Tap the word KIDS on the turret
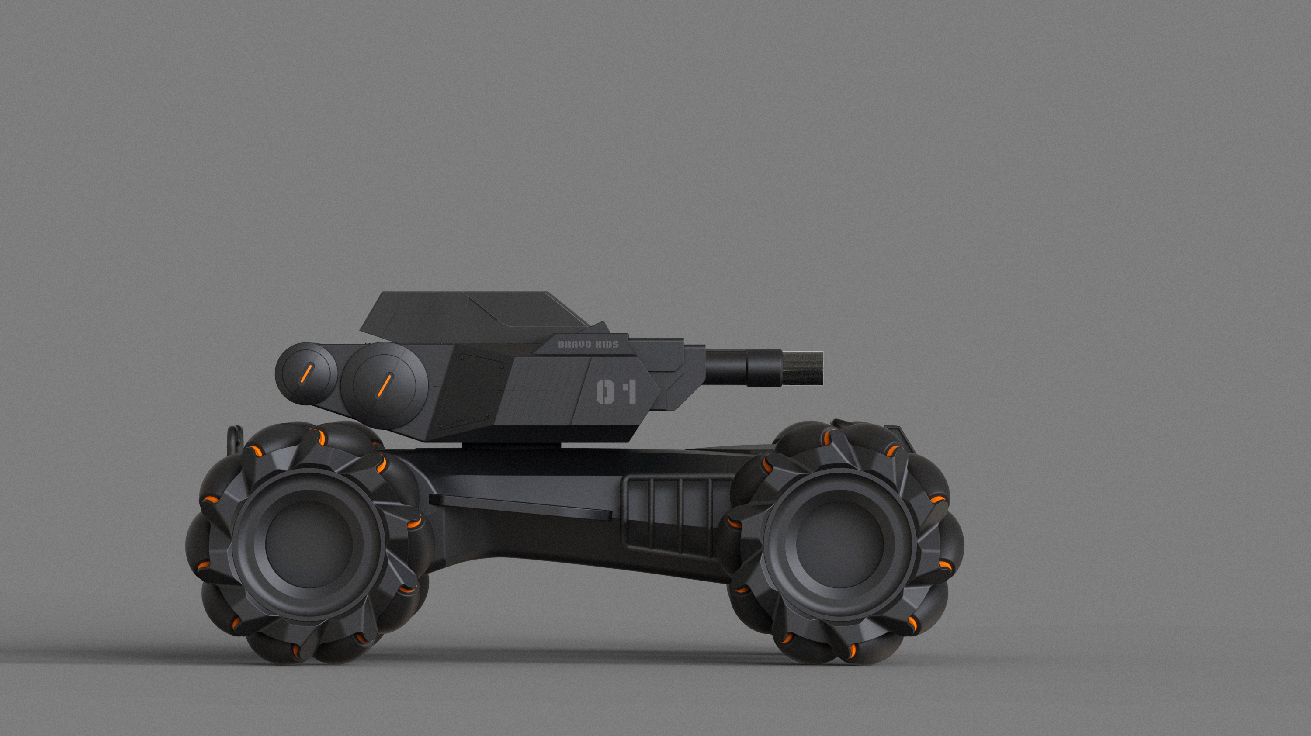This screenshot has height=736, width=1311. click(607, 344)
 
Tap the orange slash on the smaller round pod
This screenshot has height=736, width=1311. click(306, 374)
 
